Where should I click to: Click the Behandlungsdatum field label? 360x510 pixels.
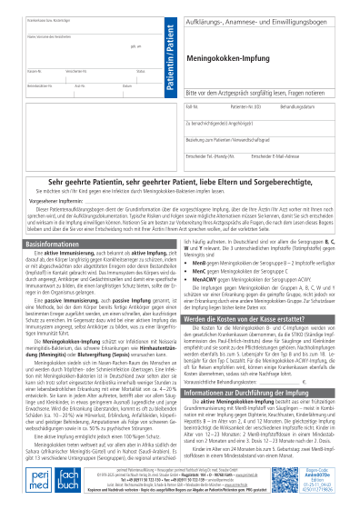(295, 106)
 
